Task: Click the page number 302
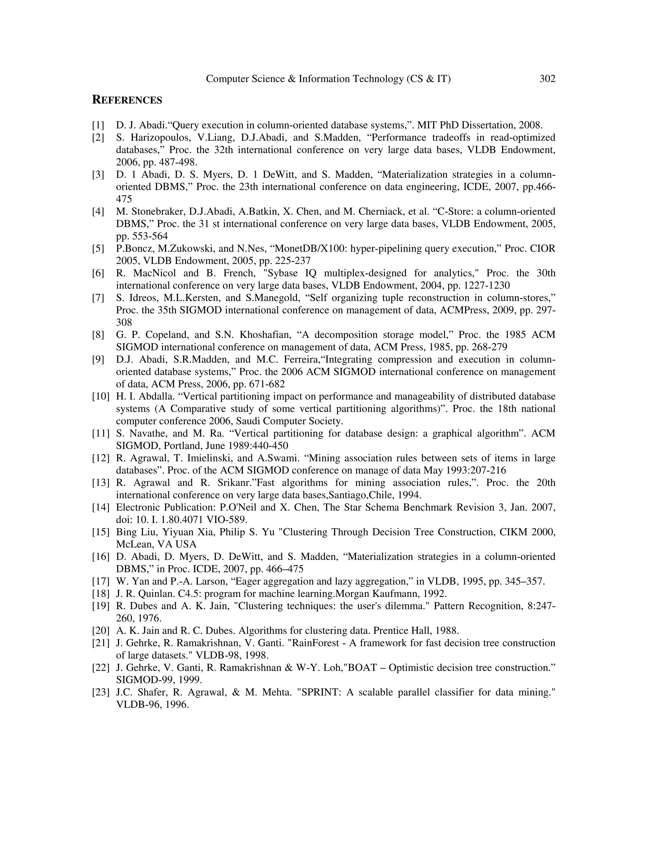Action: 547,79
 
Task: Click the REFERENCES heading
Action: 127,100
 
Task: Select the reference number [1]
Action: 98,125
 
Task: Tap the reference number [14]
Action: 100,507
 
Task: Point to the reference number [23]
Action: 100,692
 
